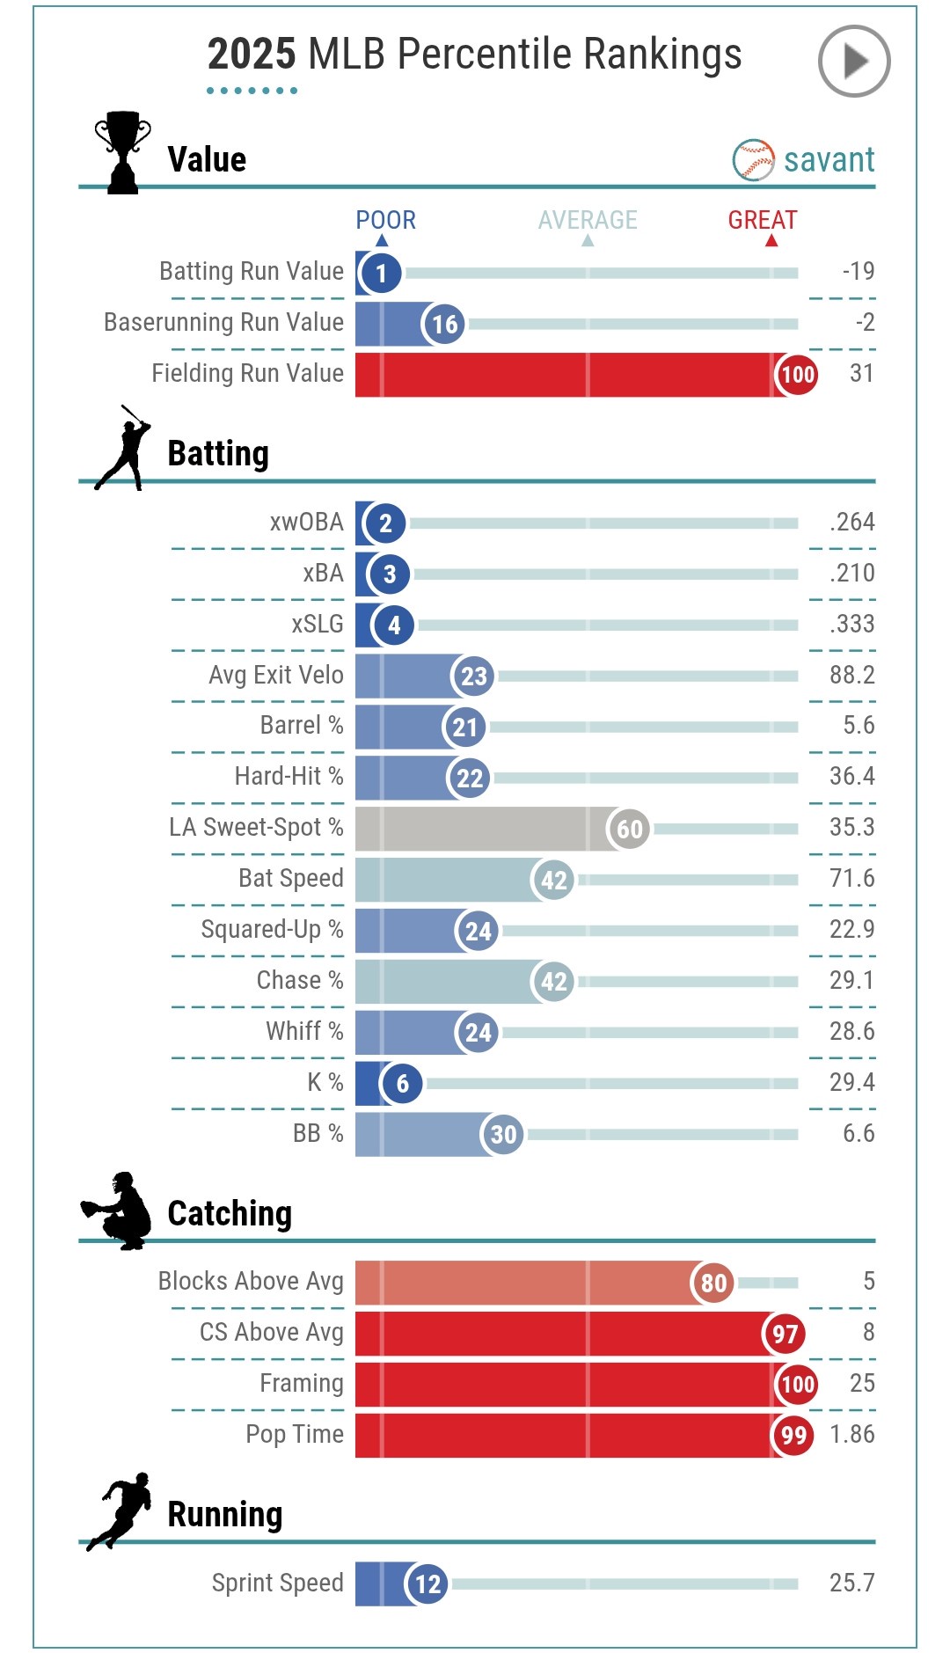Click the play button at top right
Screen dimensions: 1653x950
click(x=853, y=61)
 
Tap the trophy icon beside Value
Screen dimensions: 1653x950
click(x=122, y=151)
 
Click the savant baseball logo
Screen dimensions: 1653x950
click(x=754, y=160)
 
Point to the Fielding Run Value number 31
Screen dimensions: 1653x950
click(x=861, y=374)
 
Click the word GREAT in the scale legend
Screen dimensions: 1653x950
click(x=762, y=220)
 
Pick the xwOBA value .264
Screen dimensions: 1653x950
click(x=851, y=523)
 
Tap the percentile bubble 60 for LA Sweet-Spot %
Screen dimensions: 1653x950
click(x=629, y=829)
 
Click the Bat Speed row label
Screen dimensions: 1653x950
click(x=290, y=879)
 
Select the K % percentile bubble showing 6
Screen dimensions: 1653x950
click(x=402, y=1084)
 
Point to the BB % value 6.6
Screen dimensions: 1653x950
click(x=858, y=1134)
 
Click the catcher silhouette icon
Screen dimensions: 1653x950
click(x=118, y=1210)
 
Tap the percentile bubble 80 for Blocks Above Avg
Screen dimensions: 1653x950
click(x=713, y=1283)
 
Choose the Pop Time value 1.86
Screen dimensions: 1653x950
click(x=851, y=1435)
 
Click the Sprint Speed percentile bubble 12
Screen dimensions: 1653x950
click(x=427, y=1584)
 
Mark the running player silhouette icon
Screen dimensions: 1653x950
click(x=120, y=1511)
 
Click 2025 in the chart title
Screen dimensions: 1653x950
click(x=252, y=55)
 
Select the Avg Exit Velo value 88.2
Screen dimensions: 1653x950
click(x=851, y=676)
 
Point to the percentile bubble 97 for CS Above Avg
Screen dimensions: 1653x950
click(x=785, y=1334)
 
